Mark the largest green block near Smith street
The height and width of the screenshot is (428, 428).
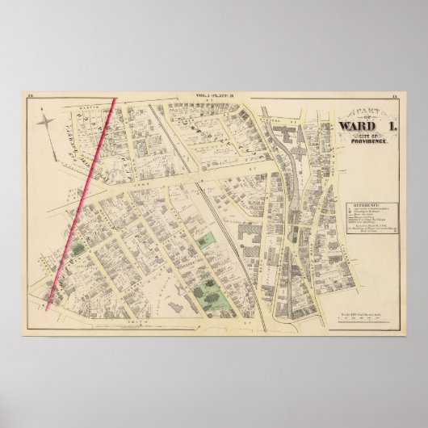(x=212, y=299)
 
